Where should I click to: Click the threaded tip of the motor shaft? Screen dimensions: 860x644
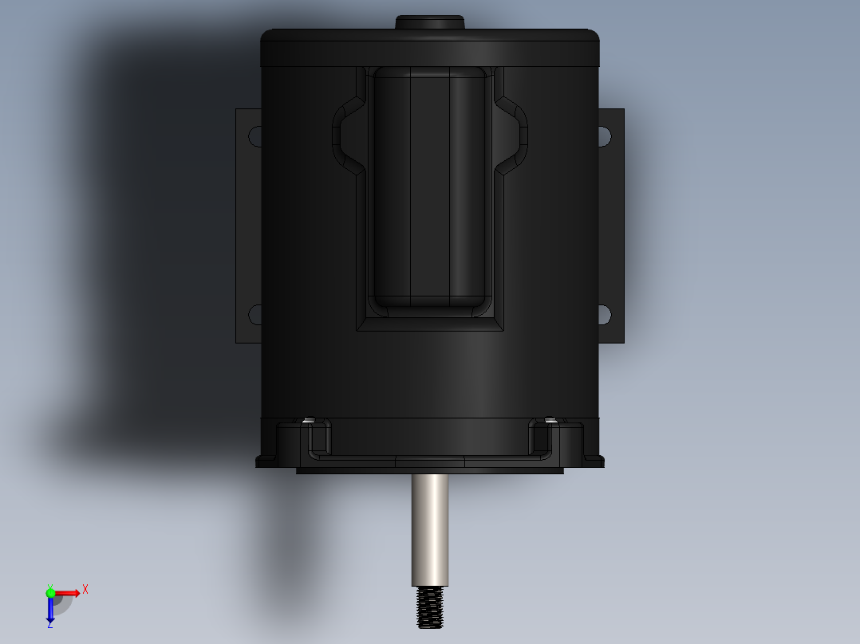click(x=429, y=607)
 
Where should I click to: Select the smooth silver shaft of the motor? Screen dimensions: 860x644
click(x=430, y=530)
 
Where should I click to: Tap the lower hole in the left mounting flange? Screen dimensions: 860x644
click(x=255, y=315)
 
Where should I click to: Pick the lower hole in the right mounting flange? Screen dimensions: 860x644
click(x=605, y=315)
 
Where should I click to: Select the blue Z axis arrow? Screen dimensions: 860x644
click(x=50, y=610)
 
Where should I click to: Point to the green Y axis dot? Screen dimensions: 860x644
click(x=50, y=592)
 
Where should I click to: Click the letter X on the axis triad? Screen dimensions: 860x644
click(x=85, y=590)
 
